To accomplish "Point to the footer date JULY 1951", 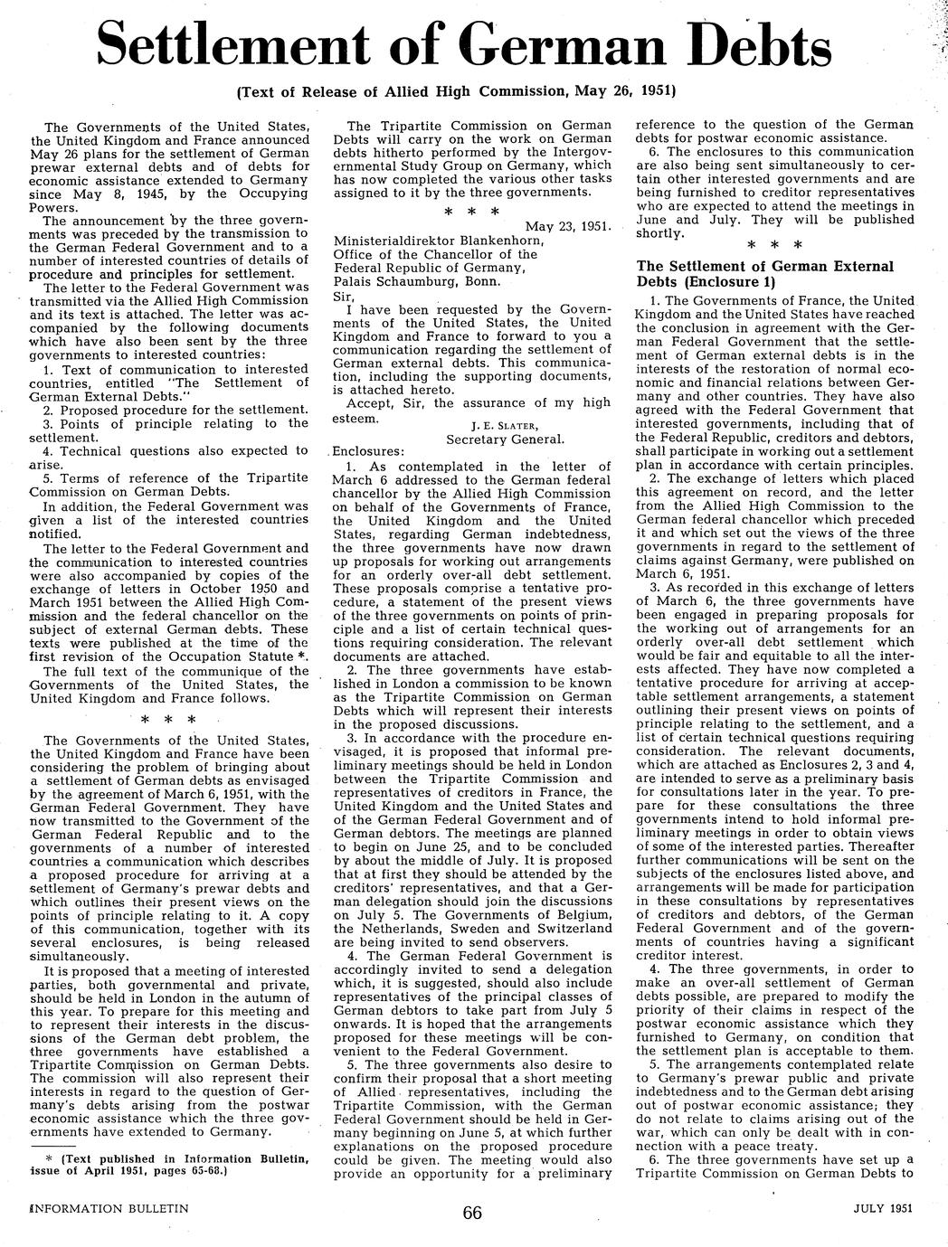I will coord(882,1208).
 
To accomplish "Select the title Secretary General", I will coord(506,439).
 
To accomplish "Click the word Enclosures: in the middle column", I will coord(370,452).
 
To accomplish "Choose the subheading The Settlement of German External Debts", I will coord(765,274).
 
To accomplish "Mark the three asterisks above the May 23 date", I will coord(472,212).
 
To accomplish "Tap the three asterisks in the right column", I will coord(775,245).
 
